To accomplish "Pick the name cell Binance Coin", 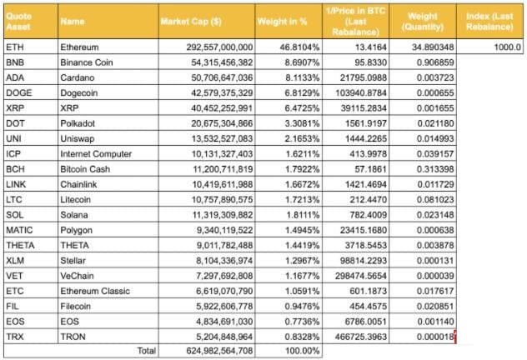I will [x=89, y=62].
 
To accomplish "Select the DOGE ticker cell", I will [x=18, y=92].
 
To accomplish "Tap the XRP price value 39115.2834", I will [x=364, y=107].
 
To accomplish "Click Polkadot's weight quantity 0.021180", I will [x=431, y=122].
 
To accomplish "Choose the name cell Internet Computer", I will [x=96, y=153].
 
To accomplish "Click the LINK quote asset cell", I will [x=16, y=183].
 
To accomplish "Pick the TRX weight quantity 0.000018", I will [x=431, y=336].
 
